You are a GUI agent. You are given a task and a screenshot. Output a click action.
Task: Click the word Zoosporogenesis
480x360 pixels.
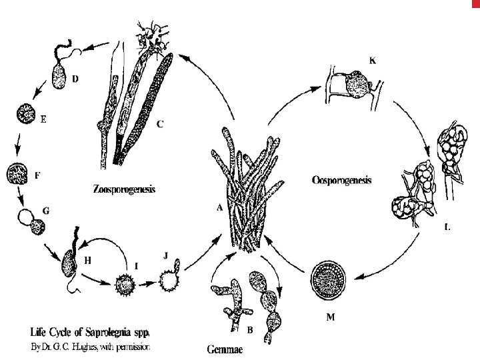(125, 189)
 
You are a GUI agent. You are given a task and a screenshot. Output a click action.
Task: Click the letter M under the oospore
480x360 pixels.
(331, 317)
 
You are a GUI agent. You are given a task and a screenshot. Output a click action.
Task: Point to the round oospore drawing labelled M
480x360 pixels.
(330, 283)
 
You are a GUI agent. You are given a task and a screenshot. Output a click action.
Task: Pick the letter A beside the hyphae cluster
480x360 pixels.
(219, 207)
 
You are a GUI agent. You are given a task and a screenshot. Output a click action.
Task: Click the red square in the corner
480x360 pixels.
(475, 4)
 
